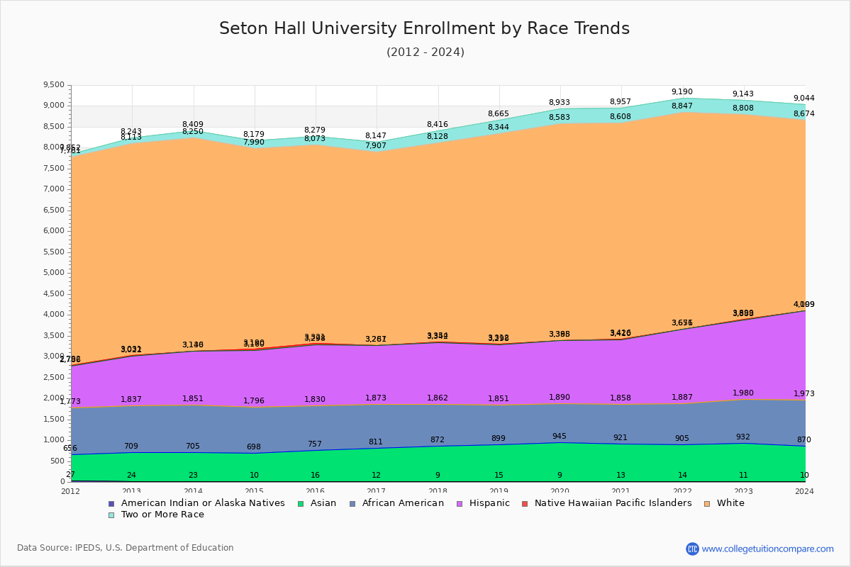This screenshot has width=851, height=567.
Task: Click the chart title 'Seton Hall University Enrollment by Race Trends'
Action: coord(424,28)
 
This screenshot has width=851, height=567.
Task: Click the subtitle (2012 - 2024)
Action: coord(425,52)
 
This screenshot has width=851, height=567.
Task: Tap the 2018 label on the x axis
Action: coord(438,491)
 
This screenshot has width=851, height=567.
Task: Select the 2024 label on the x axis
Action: coord(804,491)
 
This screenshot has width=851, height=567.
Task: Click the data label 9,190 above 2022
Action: coord(682,92)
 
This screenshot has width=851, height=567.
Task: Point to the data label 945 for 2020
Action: coord(560,437)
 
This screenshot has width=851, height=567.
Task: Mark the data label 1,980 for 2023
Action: coord(743,393)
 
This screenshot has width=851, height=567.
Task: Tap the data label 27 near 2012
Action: coord(70,475)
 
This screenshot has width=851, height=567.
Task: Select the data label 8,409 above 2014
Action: coord(193,125)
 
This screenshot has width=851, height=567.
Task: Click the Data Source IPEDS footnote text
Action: coord(126,548)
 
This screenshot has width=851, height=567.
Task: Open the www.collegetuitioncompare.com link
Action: coord(767,549)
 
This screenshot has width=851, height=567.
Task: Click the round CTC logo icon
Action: coord(692,549)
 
